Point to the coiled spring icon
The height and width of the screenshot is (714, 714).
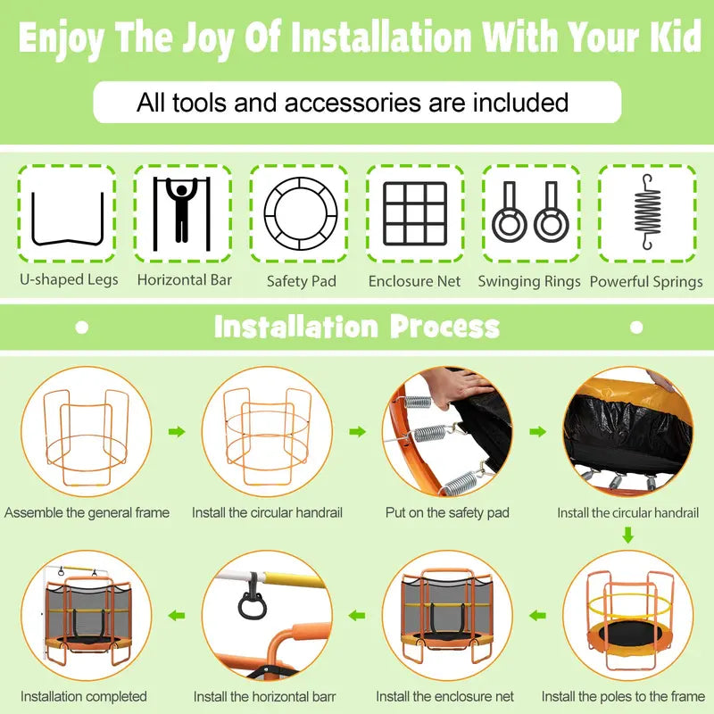tap(647, 212)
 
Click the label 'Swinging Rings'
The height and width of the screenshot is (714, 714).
tap(529, 281)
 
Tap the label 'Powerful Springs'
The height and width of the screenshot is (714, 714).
tap(646, 281)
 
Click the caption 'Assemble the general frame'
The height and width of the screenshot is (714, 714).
tap(87, 512)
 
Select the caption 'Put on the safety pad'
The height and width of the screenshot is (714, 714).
tap(447, 512)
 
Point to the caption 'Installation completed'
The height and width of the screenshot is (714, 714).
tap(83, 696)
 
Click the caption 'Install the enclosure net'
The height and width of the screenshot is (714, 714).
tap(444, 696)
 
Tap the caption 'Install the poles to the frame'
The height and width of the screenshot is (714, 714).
tap(623, 696)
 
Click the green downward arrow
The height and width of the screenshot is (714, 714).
tap(628, 535)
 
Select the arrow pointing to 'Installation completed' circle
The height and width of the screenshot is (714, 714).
tap(176, 616)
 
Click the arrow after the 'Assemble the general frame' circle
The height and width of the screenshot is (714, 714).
tap(177, 431)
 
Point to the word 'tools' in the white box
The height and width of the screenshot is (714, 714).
tap(199, 103)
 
